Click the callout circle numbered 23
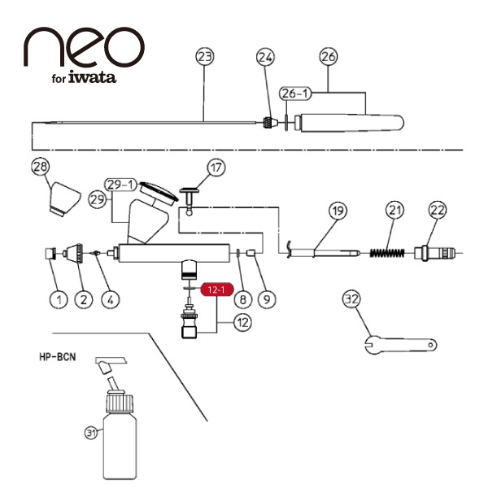pyautogui.click(x=205, y=57)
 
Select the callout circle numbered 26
pyautogui.click(x=329, y=57)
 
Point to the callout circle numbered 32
pyautogui.click(x=351, y=300)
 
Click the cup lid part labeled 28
pyautogui.click(x=63, y=198)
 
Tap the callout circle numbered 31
pyautogui.click(x=90, y=432)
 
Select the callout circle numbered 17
pyautogui.click(x=215, y=168)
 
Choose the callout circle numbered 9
pyautogui.click(x=267, y=298)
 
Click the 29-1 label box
pyautogui.click(x=121, y=183)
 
